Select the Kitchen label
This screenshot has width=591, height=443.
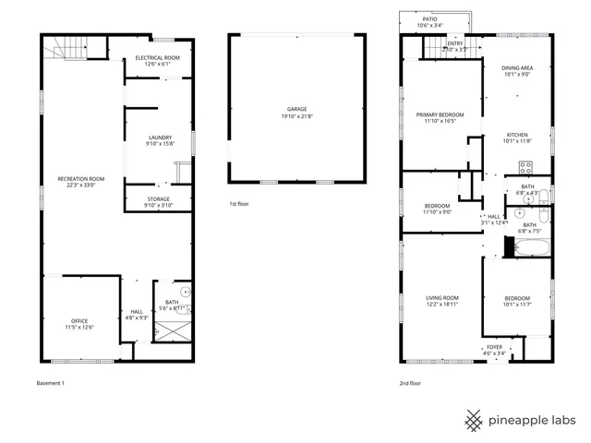point(517,138)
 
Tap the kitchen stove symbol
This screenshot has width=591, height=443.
point(525,168)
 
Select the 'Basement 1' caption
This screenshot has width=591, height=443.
point(50,382)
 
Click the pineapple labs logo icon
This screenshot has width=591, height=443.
point(474,420)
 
